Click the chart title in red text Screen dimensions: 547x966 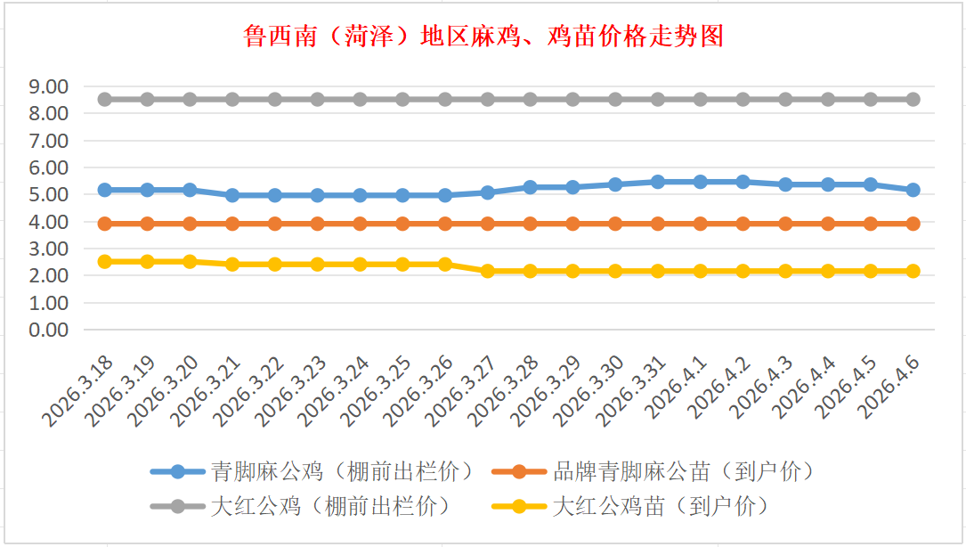pos(483,37)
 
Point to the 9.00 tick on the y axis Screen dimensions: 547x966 pos(48,86)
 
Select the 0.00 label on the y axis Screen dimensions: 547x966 pos(48,330)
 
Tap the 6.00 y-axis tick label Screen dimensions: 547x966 pos(48,167)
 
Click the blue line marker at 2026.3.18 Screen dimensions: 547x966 pos(105,190)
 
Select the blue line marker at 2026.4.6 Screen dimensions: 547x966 pos(913,190)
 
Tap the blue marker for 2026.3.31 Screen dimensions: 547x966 pos(658,182)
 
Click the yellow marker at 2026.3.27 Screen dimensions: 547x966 pos(488,271)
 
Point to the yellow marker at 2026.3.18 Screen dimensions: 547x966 pos(105,262)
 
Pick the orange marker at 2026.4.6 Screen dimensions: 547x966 pos(913,224)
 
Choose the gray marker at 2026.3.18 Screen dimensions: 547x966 pos(105,100)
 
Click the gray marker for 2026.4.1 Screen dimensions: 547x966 pos(701,100)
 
